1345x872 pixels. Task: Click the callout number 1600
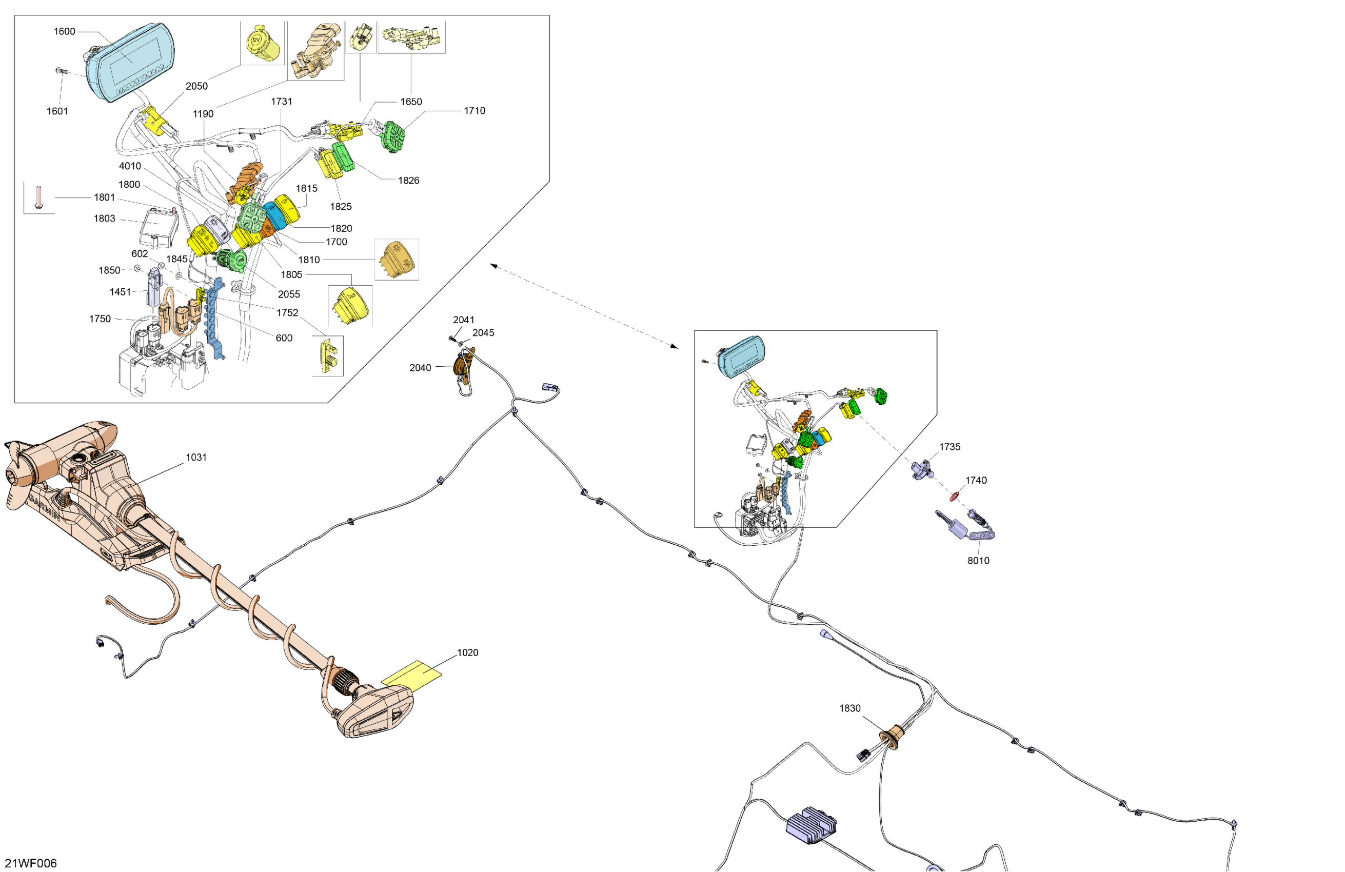tap(65, 32)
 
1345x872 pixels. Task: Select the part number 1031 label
tap(196, 457)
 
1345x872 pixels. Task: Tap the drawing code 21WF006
tap(31, 863)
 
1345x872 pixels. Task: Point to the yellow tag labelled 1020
tap(411, 674)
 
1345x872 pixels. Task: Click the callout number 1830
tap(849, 708)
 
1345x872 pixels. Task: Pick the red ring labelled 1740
tap(955, 496)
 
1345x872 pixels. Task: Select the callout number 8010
tap(978, 560)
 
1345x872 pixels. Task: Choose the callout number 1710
tap(474, 111)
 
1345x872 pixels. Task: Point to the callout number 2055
tap(289, 294)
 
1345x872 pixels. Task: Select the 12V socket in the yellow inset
tap(263, 43)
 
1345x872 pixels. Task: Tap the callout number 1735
tap(950, 446)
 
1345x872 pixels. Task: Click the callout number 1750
tap(100, 319)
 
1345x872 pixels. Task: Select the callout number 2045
tap(483, 333)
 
